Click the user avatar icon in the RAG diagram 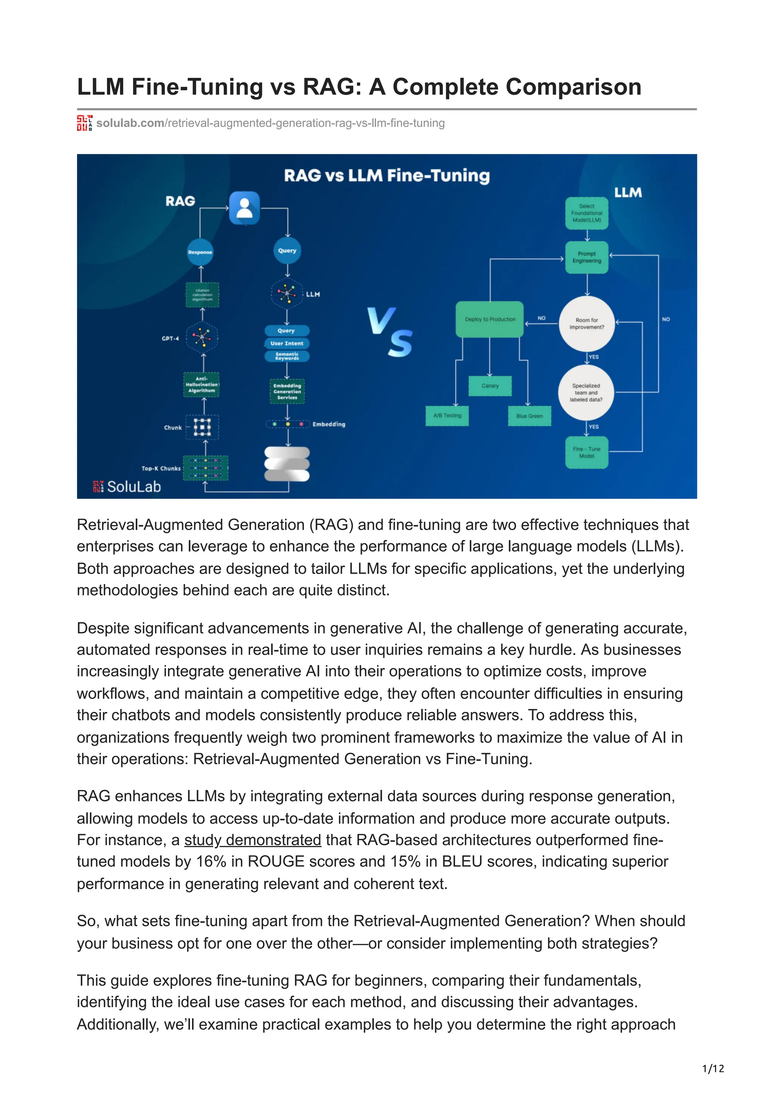pyautogui.click(x=244, y=208)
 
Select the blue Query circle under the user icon pyautogui.click(x=287, y=251)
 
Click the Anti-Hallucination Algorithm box pyautogui.click(x=202, y=384)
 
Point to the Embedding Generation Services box pyautogui.click(x=287, y=391)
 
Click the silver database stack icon pyautogui.click(x=287, y=464)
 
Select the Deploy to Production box pyautogui.click(x=490, y=319)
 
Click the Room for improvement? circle pyautogui.click(x=587, y=323)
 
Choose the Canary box pyautogui.click(x=490, y=385)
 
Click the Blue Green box pyautogui.click(x=529, y=416)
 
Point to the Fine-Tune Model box pyautogui.click(x=587, y=452)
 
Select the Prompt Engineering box pyautogui.click(x=587, y=258)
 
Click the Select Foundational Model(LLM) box pyautogui.click(x=587, y=213)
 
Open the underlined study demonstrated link pyautogui.click(x=253, y=840)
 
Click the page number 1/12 pyautogui.click(x=713, y=1069)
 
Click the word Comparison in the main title pyautogui.click(x=573, y=87)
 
